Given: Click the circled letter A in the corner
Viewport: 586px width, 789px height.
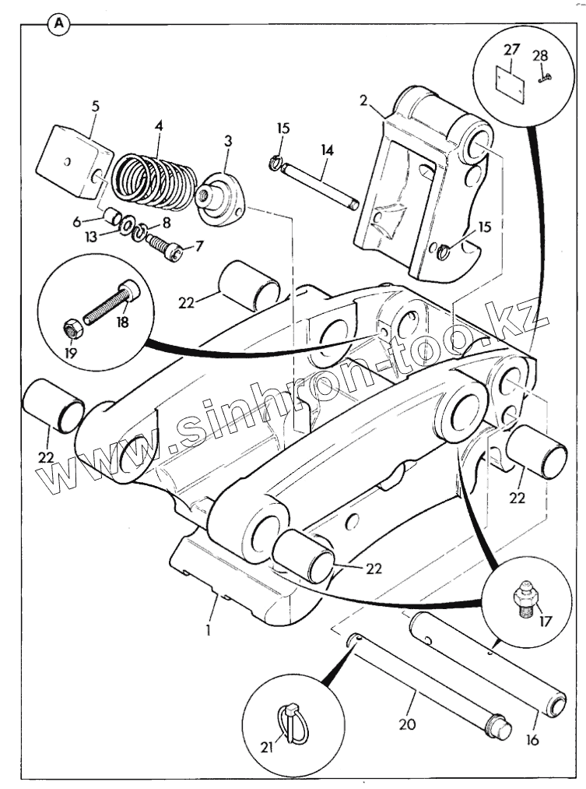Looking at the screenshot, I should pyautogui.click(x=58, y=23).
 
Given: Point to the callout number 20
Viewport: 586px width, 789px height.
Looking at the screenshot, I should pyautogui.click(x=406, y=724).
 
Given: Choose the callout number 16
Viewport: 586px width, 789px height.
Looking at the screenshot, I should pyautogui.click(x=532, y=738).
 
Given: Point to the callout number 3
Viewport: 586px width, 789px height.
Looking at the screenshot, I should pyautogui.click(x=228, y=140).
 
